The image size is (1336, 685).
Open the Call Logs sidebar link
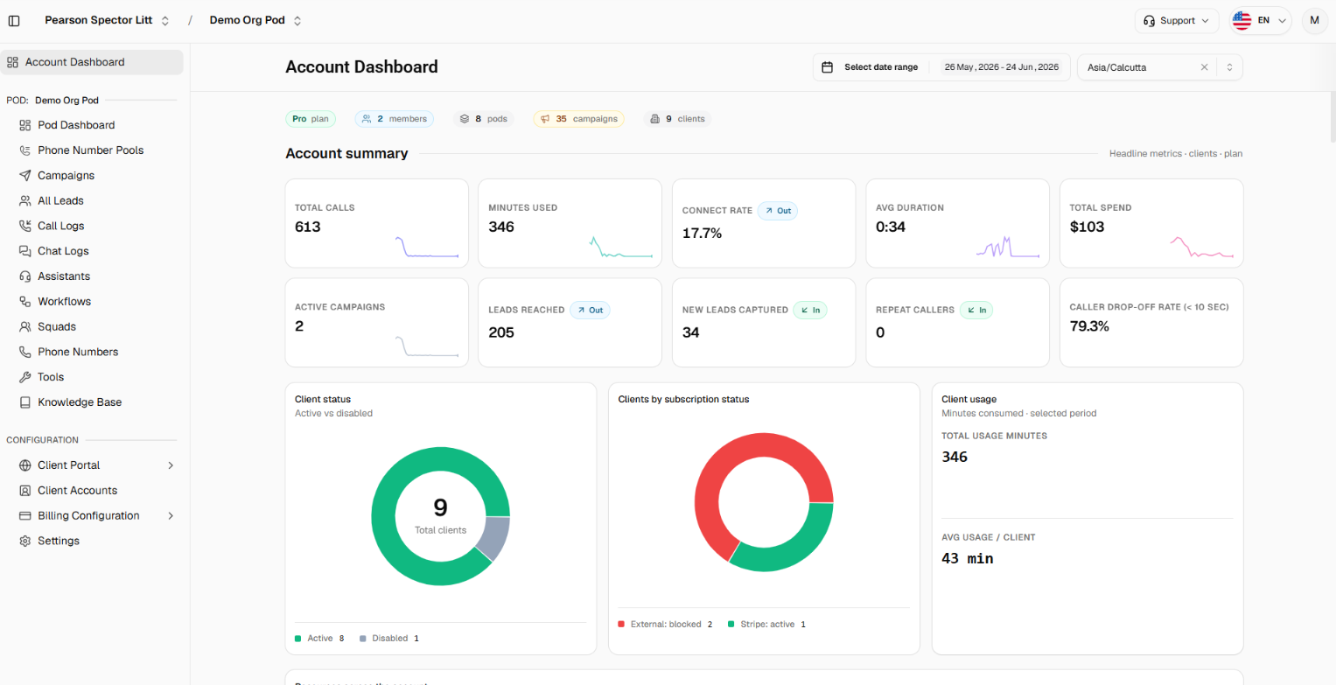pos(60,226)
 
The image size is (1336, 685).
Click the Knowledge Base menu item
pos(80,402)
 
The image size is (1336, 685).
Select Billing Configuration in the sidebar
pos(88,515)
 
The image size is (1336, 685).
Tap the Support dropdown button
pos(1176,20)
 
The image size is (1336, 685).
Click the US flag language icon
pos(1242,20)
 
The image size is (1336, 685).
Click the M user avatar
pos(1314,20)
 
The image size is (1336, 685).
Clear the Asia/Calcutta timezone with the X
pos(1204,67)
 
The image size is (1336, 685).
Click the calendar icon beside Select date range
pos(828,67)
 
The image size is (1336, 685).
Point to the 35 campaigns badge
pos(578,119)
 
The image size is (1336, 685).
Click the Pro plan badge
pos(311,119)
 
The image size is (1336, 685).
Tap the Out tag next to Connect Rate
pos(778,211)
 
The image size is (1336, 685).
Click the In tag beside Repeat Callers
pos(976,310)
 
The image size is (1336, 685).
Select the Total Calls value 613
pos(308,227)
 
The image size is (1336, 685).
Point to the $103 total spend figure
pos(1087,227)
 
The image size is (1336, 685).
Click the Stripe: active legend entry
pos(767,624)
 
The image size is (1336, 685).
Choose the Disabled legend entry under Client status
pos(389,639)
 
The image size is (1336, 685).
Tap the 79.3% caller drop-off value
pos(1089,326)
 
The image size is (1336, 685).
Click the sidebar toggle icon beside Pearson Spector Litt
pos(14,21)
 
